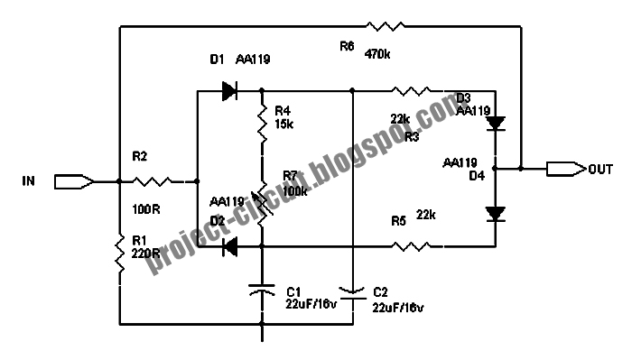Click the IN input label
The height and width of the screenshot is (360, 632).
click(x=28, y=181)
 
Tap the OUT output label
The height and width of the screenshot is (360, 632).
click(x=597, y=168)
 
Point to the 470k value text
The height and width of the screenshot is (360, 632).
click(x=378, y=55)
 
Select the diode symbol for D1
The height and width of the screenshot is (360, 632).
click(x=227, y=90)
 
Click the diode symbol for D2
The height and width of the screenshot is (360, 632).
click(x=229, y=245)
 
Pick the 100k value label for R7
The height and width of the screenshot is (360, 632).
click(x=294, y=190)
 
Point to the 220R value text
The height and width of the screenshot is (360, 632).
click(x=144, y=254)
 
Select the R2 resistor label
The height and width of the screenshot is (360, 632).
click(x=139, y=156)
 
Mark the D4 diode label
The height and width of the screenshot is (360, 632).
click(x=477, y=176)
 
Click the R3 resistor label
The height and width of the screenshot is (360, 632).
click(x=411, y=137)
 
